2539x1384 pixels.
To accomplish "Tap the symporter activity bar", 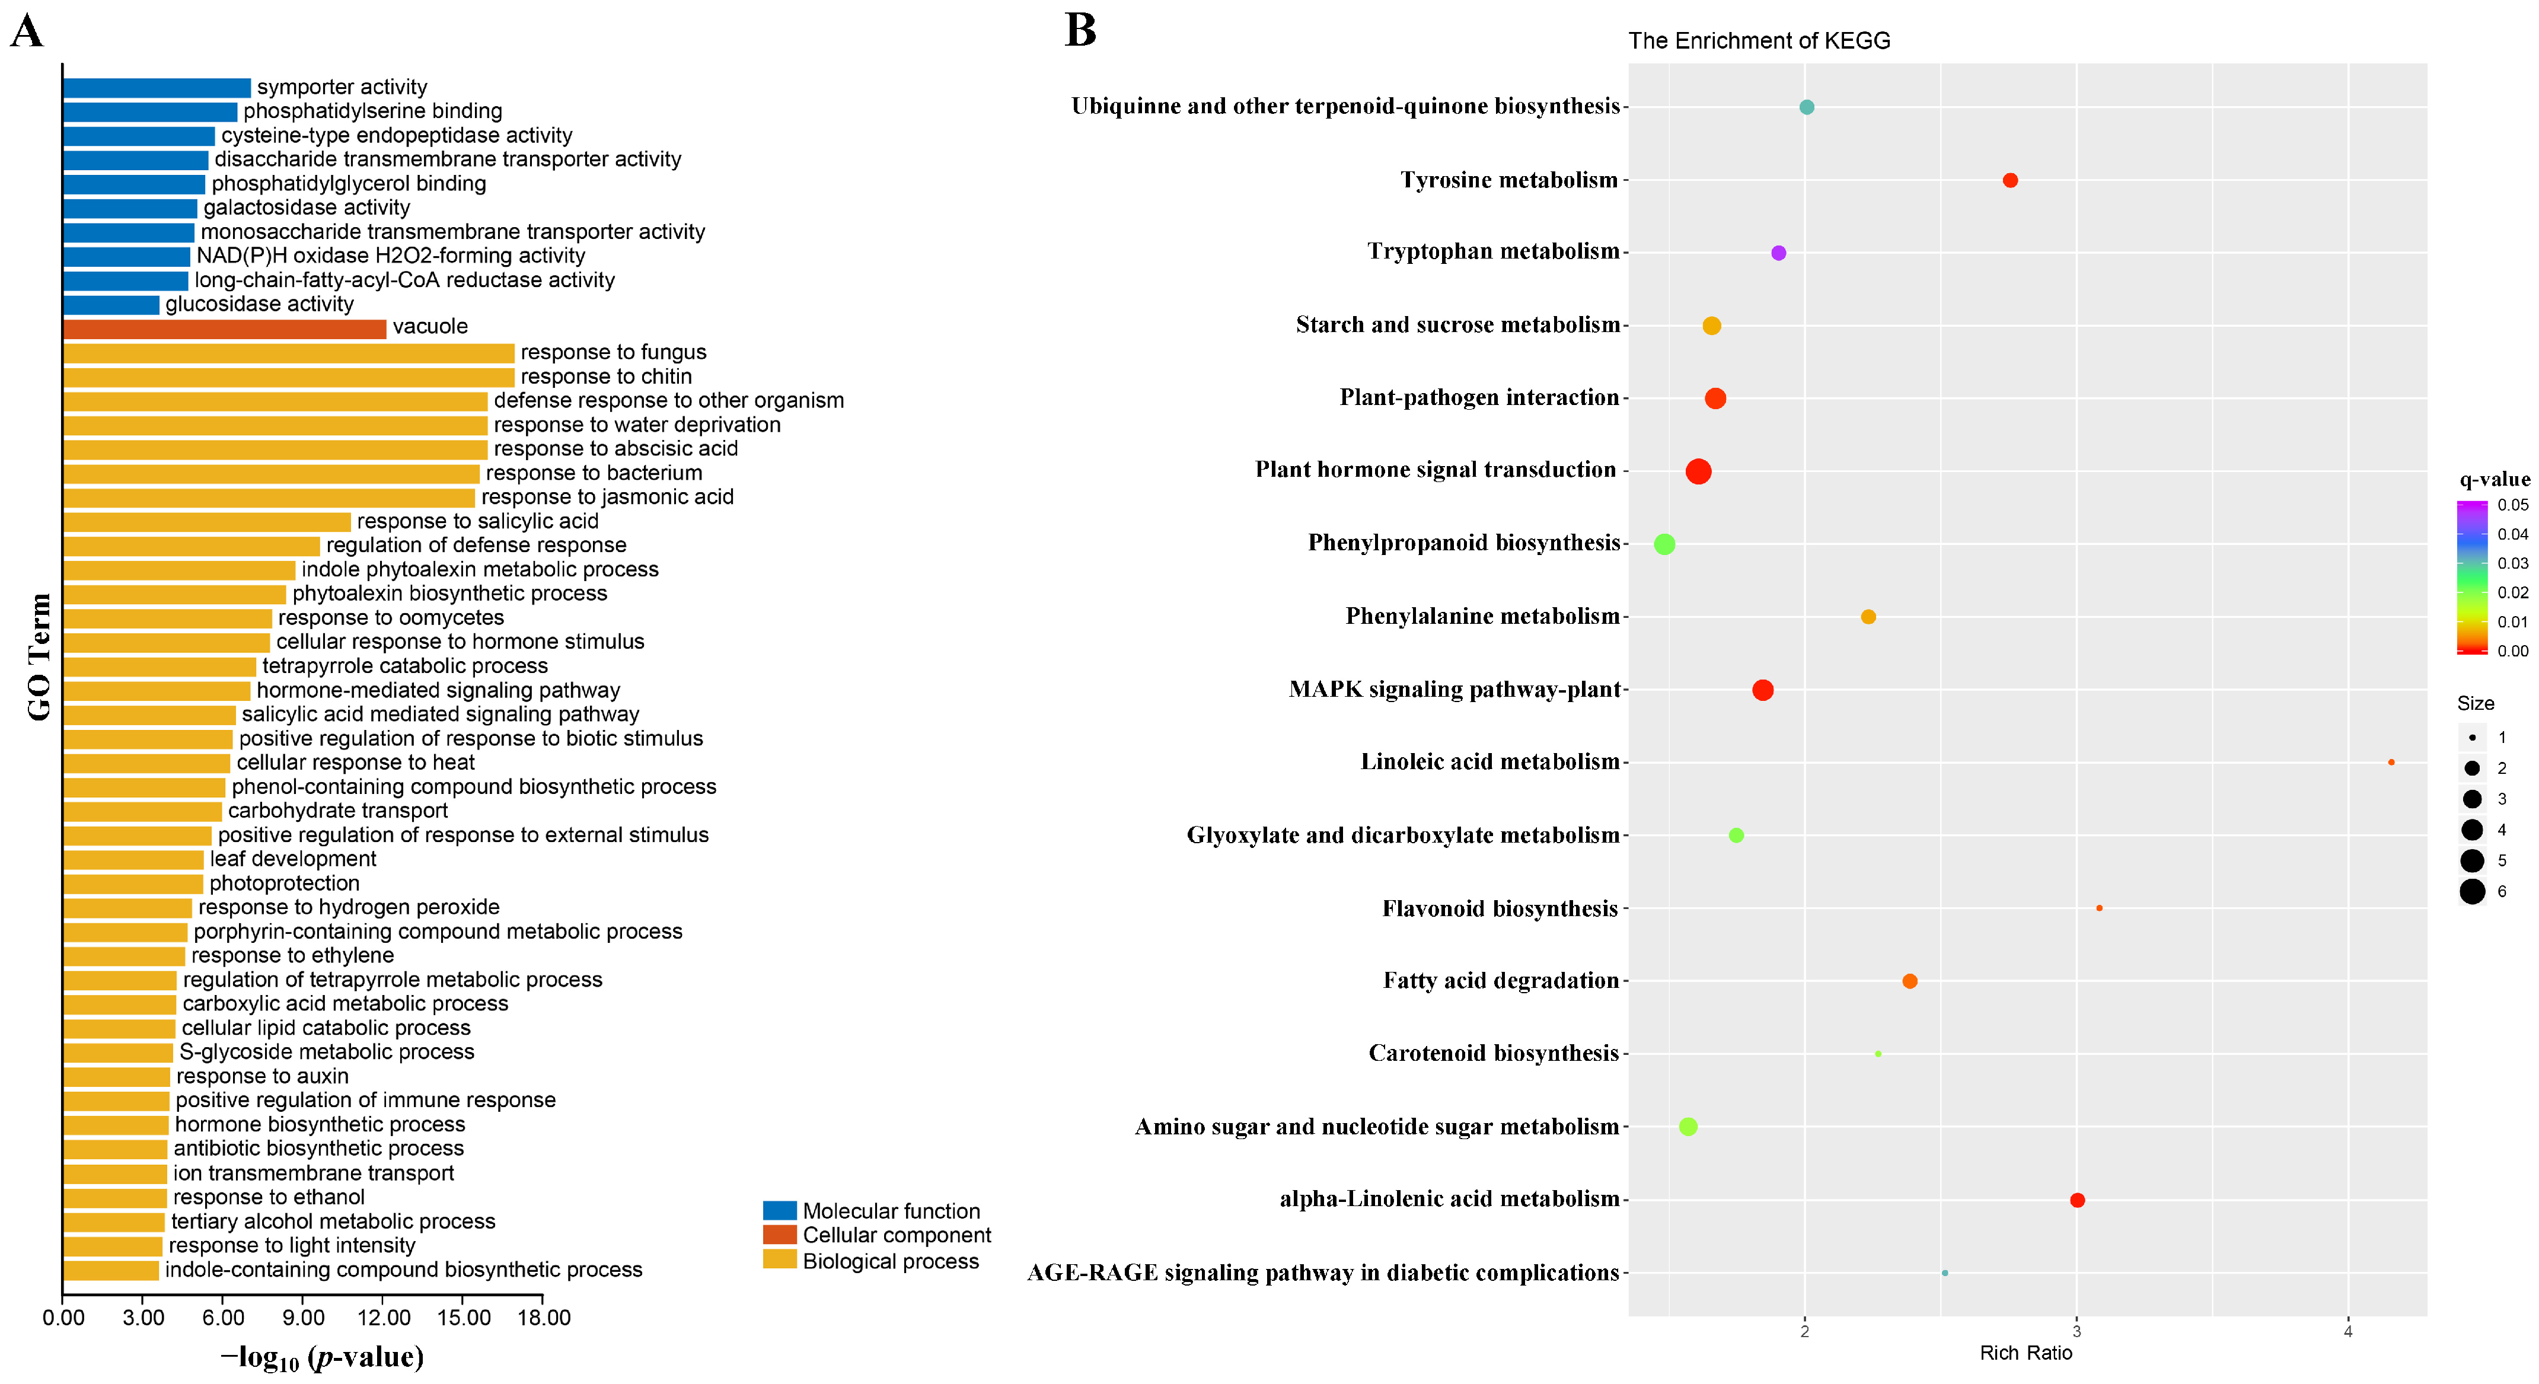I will [156, 88].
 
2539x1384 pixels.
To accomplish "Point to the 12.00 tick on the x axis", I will [384, 1318].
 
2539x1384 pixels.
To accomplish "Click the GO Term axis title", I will [39, 658].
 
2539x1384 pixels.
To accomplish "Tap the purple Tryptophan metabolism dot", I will [1778, 253].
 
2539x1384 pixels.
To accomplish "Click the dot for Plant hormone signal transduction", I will [1698, 472].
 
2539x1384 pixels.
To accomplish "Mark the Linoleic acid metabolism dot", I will [2391, 763].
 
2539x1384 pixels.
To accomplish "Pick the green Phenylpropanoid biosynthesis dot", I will [1665, 544].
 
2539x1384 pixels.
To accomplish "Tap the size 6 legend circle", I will [2472, 892].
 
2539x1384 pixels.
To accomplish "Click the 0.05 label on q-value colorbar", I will [2512, 505].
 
